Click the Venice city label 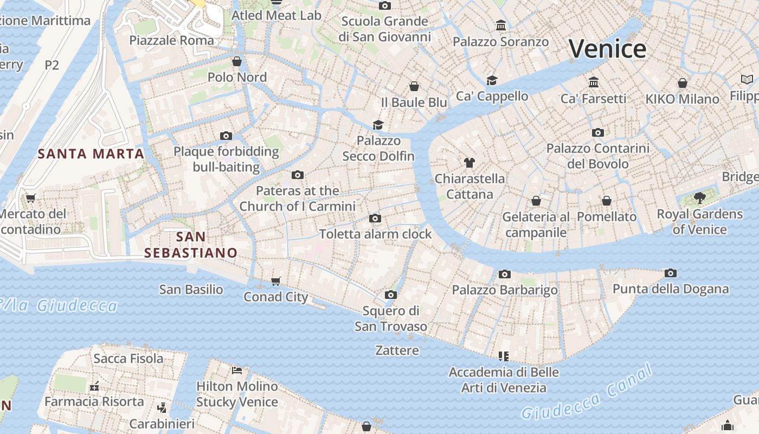pyautogui.click(x=607, y=49)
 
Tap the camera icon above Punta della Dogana pyautogui.click(x=671, y=273)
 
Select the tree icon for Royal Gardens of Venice pyautogui.click(x=699, y=198)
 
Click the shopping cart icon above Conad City pyautogui.click(x=276, y=281)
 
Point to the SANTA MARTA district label pyautogui.click(x=91, y=154)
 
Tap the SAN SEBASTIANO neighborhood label pyautogui.click(x=191, y=245)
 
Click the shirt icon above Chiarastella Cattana pyautogui.click(x=469, y=162)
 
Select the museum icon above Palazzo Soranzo pyautogui.click(x=501, y=25)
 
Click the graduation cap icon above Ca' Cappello pyautogui.click(x=492, y=80)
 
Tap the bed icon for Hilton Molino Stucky pyautogui.click(x=237, y=371)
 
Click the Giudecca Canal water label pyautogui.click(x=587, y=393)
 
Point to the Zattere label pyautogui.click(x=397, y=350)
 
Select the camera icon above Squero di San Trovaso pyautogui.click(x=390, y=295)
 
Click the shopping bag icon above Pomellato pyautogui.click(x=607, y=201)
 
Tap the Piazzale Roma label pyautogui.click(x=172, y=40)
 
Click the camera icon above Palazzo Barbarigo pyautogui.click(x=505, y=274)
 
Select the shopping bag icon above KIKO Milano pyautogui.click(x=683, y=83)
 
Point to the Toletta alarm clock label pyautogui.click(x=375, y=234)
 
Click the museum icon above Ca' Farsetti pyautogui.click(x=594, y=82)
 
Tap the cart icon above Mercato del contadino pyautogui.click(x=30, y=198)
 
